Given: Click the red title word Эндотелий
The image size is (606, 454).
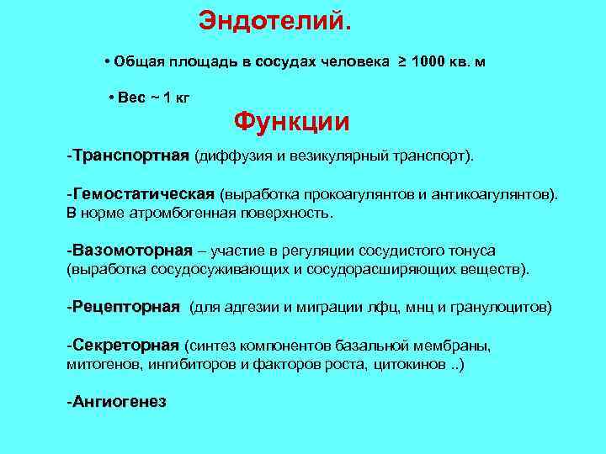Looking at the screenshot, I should [273, 21].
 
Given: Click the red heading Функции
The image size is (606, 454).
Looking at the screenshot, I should [291, 123].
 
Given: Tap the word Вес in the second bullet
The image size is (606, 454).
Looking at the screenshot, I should [132, 98].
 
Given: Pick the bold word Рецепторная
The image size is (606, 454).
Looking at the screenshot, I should [125, 308].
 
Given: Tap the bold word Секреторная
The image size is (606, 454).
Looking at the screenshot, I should [125, 346].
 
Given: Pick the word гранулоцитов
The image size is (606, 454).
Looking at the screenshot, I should [507, 308].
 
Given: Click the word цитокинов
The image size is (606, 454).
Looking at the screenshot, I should [408, 365].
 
